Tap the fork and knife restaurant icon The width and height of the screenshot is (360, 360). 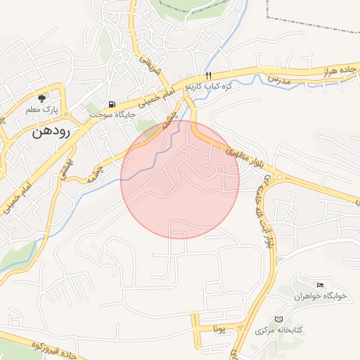coord(208,75)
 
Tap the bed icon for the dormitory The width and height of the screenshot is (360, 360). coord(321,285)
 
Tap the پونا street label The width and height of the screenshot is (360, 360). coord(219,328)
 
